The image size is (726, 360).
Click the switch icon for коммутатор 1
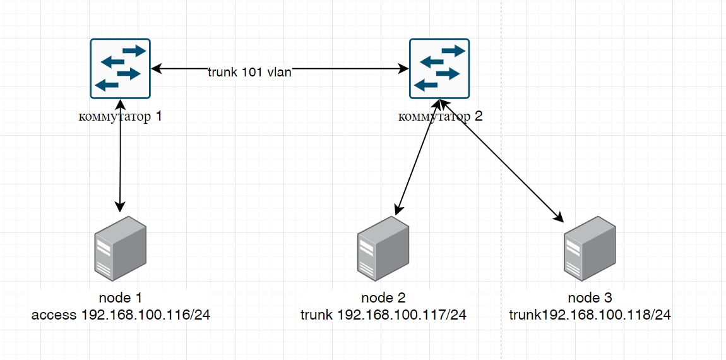click(x=121, y=68)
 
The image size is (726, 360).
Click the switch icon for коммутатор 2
click(x=440, y=68)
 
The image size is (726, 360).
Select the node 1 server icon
click(x=121, y=248)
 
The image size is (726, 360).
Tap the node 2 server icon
click(x=383, y=248)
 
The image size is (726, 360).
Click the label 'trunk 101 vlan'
click(x=250, y=72)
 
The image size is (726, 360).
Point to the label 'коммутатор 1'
click(x=121, y=116)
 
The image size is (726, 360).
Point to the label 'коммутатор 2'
click(x=441, y=116)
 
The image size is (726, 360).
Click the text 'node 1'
click(x=121, y=298)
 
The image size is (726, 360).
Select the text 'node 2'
click(x=383, y=298)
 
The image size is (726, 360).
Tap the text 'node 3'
click(x=590, y=298)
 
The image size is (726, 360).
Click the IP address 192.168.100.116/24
click(x=146, y=314)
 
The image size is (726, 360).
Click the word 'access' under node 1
click(x=54, y=314)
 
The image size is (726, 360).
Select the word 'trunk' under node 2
click(x=316, y=314)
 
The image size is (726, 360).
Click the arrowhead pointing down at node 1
click(x=120, y=207)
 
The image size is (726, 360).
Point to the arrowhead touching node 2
click(x=398, y=208)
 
